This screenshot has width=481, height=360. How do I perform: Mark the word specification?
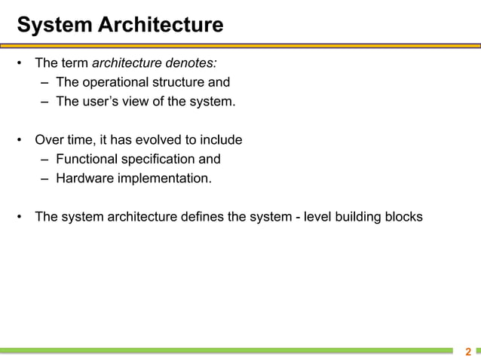(x=158, y=160)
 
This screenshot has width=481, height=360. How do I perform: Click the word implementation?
(x=164, y=179)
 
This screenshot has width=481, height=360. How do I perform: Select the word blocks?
(x=405, y=218)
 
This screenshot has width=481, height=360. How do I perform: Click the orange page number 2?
(x=468, y=352)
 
